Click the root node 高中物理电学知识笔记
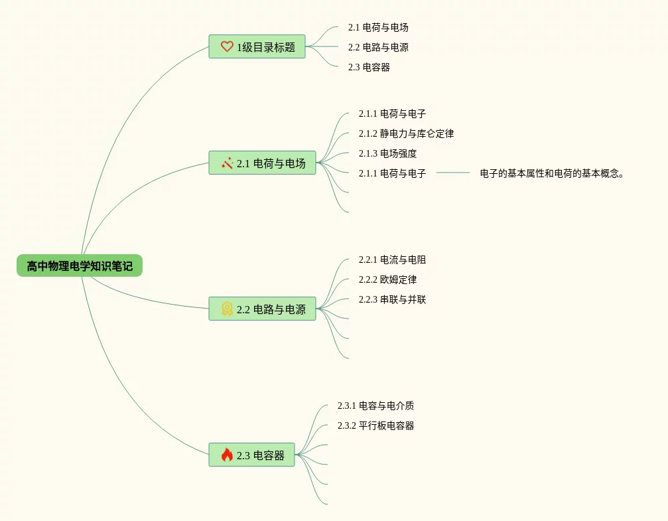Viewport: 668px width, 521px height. point(80,266)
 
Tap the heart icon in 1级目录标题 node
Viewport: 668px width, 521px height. point(227,46)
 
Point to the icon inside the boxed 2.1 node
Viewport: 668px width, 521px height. point(227,163)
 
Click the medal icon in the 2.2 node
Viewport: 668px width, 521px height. point(227,309)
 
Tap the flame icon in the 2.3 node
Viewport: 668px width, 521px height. point(227,455)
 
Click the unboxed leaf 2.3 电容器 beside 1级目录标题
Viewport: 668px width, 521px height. point(369,67)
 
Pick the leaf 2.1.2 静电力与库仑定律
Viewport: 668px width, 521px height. point(406,133)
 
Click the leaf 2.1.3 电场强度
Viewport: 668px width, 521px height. point(387,153)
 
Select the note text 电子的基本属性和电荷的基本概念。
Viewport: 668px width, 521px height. point(552,173)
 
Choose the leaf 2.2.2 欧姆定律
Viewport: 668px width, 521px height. point(387,279)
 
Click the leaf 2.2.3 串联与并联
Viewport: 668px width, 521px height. point(392,299)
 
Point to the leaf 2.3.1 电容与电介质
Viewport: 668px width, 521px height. point(375,406)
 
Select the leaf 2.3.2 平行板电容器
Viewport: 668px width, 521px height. point(375,425)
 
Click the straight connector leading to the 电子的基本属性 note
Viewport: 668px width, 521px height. point(453,173)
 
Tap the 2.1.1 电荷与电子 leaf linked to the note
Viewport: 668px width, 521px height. point(392,173)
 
